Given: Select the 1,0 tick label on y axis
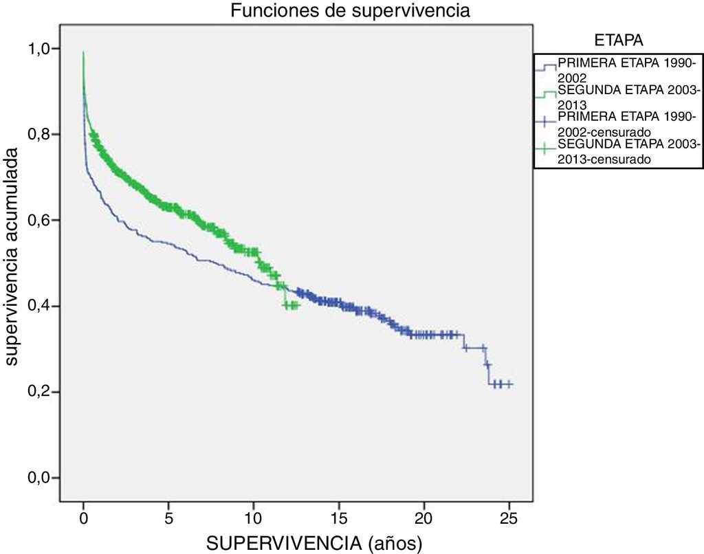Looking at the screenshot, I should point(39,49).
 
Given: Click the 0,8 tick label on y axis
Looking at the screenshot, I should point(39,135).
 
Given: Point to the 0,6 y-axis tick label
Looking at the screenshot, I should point(39,221).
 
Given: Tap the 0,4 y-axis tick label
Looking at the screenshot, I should point(39,307).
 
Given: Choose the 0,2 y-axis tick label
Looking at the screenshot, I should point(39,392).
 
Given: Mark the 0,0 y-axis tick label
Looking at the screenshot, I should point(39,478).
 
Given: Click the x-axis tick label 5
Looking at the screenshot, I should point(168,516).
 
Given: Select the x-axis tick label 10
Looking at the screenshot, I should point(254,516).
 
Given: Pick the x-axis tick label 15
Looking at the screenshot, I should point(339,516).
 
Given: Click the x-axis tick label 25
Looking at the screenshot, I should point(509,516).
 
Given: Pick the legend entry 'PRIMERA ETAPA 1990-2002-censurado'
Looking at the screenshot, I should point(627,124).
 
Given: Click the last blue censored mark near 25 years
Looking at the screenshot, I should point(509,385).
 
